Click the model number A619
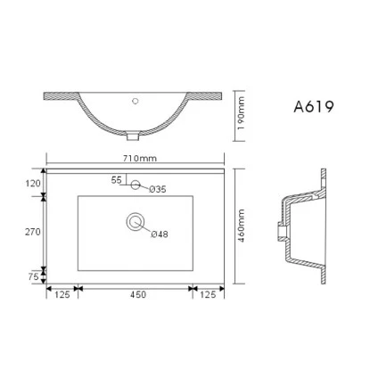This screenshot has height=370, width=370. (x=313, y=108)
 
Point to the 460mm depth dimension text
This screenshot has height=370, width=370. (x=242, y=226)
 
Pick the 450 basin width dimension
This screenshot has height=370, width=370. (x=135, y=295)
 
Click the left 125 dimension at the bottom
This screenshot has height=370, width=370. (x=61, y=295)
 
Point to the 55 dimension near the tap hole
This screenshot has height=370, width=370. (x=116, y=180)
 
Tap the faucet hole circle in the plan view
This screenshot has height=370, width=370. (x=135, y=185)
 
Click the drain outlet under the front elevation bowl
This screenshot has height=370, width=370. (x=134, y=136)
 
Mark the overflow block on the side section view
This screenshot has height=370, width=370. (x=282, y=232)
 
